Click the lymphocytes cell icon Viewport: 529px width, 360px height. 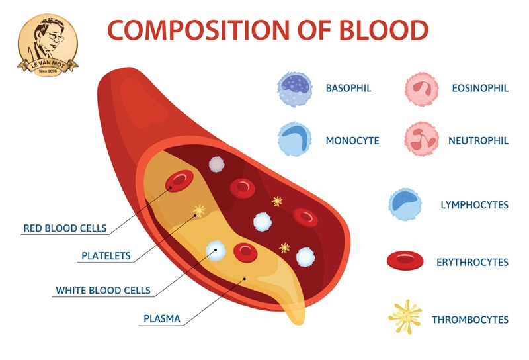click(x=405, y=205)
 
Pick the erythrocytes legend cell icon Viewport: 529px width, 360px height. click(x=405, y=262)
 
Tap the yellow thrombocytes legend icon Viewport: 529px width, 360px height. click(x=405, y=317)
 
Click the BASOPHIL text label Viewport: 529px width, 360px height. click(x=348, y=88)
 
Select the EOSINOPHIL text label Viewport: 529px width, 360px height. click(x=479, y=88)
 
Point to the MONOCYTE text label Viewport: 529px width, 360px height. click(x=352, y=140)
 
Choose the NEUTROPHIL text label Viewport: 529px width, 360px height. click(x=478, y=140)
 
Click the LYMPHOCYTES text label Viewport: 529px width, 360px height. click(x=474, y=205)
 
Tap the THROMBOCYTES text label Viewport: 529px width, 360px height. click(x=470, y=320)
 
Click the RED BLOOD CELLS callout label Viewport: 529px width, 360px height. click(x=65, y=228)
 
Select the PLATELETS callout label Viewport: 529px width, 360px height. click(x=106, y=255)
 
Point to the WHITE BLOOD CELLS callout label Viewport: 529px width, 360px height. click(x=103, y=290)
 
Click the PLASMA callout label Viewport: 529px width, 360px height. click(x=162, y=318)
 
